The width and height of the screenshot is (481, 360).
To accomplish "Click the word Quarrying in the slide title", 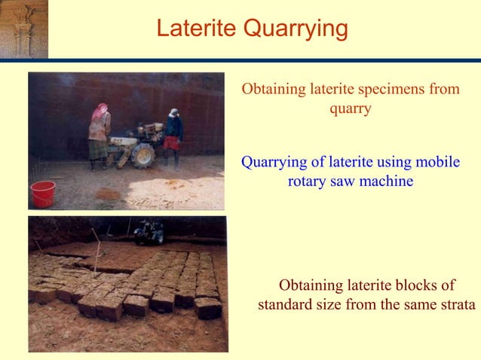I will [296, 29].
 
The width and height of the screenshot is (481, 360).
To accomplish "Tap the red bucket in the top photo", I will [42, 194].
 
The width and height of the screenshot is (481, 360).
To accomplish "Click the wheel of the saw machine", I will [142, 155].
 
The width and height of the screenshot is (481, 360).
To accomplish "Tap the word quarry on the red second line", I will [351, 108].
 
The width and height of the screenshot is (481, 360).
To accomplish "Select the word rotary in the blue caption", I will [306, 182].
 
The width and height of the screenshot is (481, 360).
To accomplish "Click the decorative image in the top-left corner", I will [23, 29].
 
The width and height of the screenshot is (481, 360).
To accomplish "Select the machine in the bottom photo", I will [149, 232].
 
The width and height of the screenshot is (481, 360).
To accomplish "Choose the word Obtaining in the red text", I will [273, 89].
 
